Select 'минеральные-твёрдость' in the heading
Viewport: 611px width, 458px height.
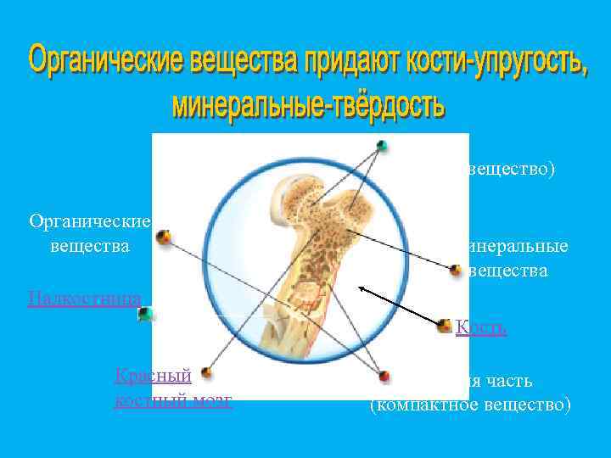[307, 105]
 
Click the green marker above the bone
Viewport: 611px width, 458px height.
[382, 145]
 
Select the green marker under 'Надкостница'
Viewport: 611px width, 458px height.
[146, 314]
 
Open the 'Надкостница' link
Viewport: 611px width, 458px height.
[84, 297]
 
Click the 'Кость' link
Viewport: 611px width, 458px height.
[481, 327]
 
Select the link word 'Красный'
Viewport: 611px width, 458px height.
[154, 375]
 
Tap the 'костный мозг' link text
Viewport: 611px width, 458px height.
[173, 399]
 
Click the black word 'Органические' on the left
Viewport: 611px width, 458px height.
[89, 222]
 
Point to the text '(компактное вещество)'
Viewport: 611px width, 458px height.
[469, 405]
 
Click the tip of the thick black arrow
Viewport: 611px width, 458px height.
[360, 288]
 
